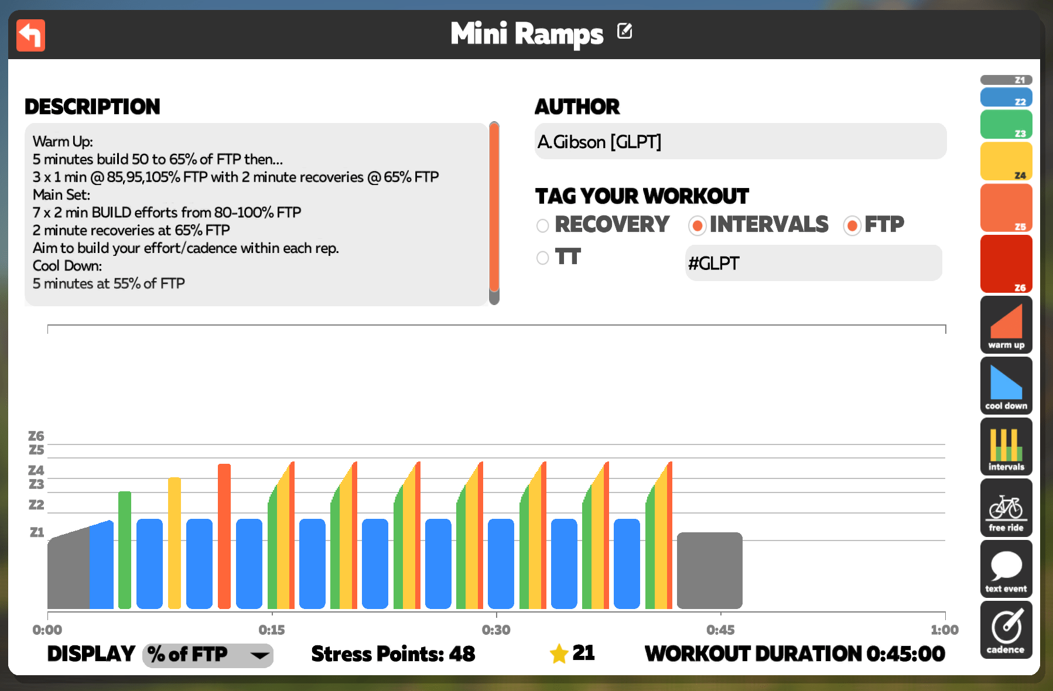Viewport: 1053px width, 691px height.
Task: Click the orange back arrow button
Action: (30, 35)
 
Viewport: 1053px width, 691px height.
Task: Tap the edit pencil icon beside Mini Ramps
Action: (624, 31)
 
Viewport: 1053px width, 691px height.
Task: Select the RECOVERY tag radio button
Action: (543, 225)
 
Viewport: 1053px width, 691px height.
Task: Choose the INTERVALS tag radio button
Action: (697, 225)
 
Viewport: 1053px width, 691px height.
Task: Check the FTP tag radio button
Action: (852, 225)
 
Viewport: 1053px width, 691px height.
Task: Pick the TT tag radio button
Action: (543, 258)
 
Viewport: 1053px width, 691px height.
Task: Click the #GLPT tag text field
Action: (813, 263)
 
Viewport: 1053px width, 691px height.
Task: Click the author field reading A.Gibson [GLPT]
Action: (740, 141)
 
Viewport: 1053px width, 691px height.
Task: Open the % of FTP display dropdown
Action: (208, 655)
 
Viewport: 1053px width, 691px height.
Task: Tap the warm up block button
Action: (1006, 324)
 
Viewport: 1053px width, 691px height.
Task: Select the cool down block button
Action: (1006, 385)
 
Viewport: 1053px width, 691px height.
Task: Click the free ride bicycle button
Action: (1006, 507)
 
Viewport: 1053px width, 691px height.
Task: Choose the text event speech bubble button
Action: (1006, 569)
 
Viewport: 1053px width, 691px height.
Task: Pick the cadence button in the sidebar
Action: (1006, 630)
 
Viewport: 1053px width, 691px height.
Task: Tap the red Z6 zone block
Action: (1006, 264)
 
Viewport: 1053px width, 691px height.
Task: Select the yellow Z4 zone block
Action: (1006, 161)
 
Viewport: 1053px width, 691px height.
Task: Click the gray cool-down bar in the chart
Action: (710, 570)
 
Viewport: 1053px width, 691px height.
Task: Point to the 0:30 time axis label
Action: (496, 630)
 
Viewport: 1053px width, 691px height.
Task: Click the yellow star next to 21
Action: (559, 654)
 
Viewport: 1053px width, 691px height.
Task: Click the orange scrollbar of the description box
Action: (494, 207)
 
